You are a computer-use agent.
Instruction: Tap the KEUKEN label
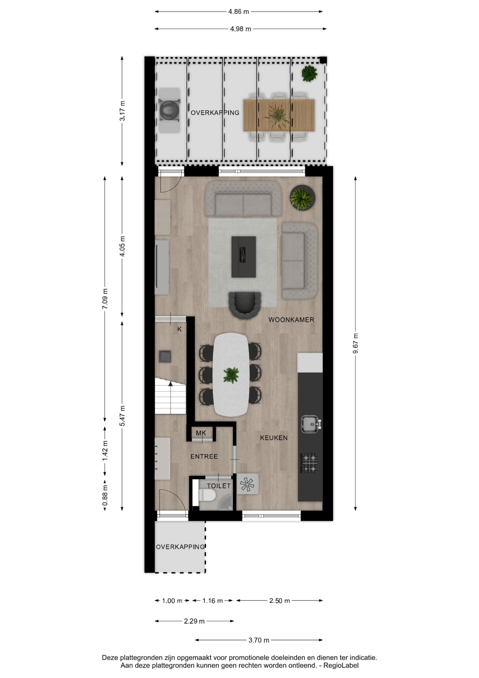(274, 438)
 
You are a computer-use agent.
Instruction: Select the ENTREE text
(204, 457)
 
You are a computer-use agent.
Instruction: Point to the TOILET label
(219, 486)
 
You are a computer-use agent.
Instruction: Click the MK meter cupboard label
(201, 433)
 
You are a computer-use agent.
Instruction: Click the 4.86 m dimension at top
(238, 12)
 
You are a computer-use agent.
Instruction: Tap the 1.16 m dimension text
(213, 601)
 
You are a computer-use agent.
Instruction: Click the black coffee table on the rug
(243, 257)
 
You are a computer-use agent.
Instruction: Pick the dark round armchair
(245, 305)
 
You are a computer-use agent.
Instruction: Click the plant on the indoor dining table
(231, 375)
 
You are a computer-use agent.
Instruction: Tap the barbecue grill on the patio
(169, 110)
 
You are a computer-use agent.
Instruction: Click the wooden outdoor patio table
(279, 115)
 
